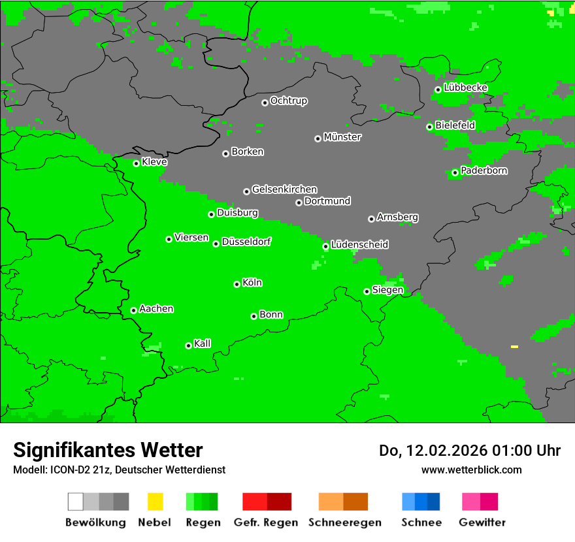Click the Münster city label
(342, 137)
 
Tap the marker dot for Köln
(237, 284)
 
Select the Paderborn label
(484, 170)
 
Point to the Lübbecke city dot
(438, 89)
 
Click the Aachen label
(156, 309)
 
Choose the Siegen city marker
(367, 291)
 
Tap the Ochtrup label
(289, 101)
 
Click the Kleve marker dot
(136, 163)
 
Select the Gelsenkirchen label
(284, 189)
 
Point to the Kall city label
(203, 343)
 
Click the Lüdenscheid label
(359, 244)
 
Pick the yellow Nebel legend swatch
(155, 502)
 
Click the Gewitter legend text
(482, 522)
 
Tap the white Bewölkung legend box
(76, 502)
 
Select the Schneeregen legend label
(343, 522)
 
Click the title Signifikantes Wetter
(108, 450)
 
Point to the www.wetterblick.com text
(471, 470)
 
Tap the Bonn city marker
(254, 316)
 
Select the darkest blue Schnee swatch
(433, 502)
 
